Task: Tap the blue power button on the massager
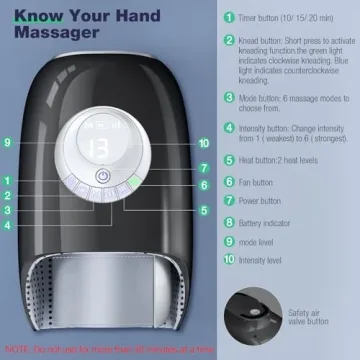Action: [x=101, y=176]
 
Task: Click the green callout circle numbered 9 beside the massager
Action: [x=7, y=144]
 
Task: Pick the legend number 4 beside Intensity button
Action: [x=227, y=129]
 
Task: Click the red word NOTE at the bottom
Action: [x=17, y=349]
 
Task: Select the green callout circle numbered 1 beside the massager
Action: [x=7, y=180]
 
